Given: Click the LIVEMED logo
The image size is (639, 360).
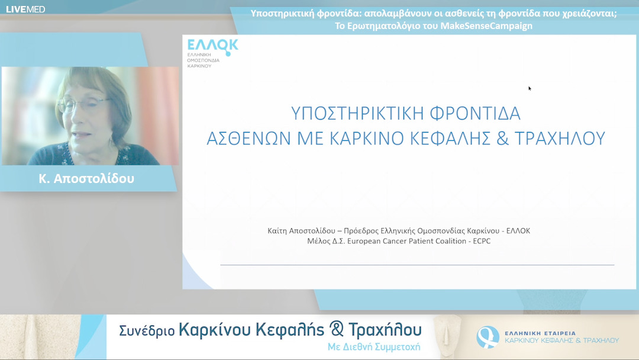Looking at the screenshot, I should [x=25, y=9].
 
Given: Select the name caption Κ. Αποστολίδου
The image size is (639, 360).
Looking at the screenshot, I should [x=86, y=178].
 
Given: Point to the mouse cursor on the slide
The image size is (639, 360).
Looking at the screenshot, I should [x=530, y=88].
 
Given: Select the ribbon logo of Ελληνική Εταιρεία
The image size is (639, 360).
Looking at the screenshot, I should [x=488, y=336].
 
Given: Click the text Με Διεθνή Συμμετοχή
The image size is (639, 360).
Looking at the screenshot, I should [x=374, y=347].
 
